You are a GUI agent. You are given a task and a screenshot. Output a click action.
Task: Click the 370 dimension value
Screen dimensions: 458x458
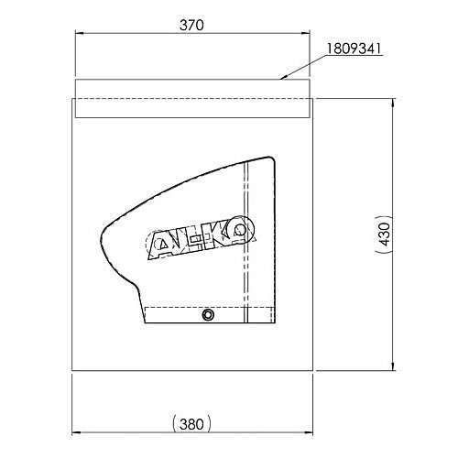(191, 26)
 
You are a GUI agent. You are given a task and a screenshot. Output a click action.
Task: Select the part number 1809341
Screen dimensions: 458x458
(354, 49)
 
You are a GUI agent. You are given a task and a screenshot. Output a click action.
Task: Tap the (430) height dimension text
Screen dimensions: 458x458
(386, 234)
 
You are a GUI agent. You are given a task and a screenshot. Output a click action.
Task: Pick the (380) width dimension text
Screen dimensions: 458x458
(191, 424)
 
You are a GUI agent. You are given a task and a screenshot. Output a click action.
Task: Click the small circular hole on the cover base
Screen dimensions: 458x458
(208, 315)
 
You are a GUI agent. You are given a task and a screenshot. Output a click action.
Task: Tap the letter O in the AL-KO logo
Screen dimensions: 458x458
(241, 231)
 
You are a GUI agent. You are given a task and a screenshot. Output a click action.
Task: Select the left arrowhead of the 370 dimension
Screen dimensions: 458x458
(80, 33)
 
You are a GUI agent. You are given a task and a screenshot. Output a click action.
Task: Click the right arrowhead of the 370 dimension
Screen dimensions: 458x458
(305, 33)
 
